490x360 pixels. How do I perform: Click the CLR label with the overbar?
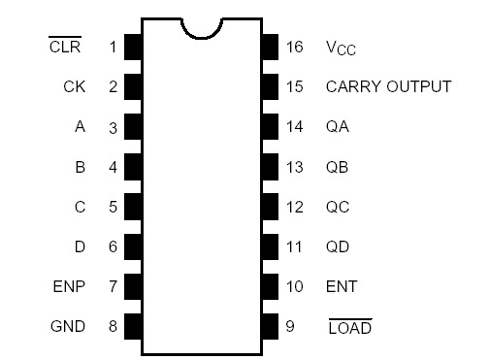65,47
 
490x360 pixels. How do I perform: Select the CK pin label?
74,86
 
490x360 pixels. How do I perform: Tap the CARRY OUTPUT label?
388,86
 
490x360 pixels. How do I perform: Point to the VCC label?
347,48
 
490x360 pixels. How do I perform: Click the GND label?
68,326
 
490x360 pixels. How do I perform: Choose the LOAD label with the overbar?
349,327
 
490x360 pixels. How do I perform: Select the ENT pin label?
342,286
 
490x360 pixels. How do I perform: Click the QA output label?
338,126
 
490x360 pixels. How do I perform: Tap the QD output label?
338,246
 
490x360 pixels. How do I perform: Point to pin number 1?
113,47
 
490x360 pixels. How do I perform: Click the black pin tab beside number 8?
133,326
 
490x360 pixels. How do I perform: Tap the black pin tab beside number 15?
270,86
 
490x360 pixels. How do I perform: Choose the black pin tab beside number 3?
133,126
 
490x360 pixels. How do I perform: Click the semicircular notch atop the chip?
202,26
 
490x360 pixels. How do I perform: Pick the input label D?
80,246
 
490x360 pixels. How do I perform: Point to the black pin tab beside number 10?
270,286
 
